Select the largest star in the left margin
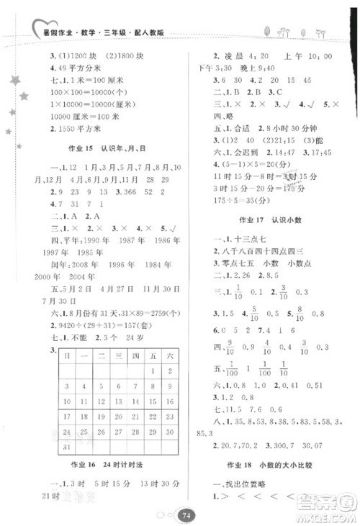(x=16, y=81)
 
